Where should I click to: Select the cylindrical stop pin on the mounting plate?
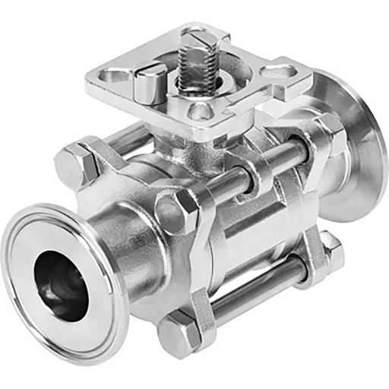click(x=150, y=83)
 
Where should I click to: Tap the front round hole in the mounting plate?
click(x=198, y=111)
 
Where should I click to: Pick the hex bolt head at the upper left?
click(x=74, y=165)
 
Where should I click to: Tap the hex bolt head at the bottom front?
click(x=179, y=332)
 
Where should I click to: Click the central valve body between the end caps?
click(x=243, y=236)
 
